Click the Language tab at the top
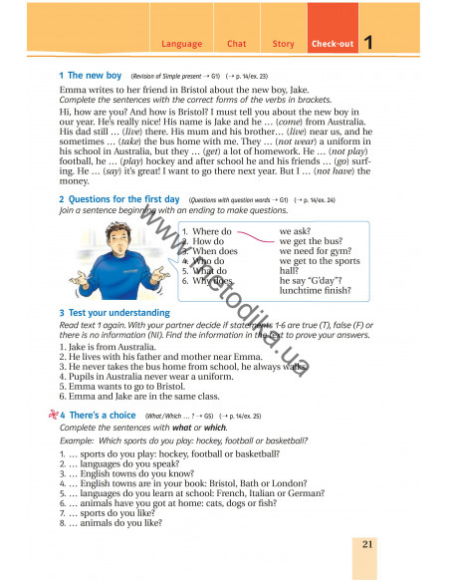pyautogui.click(x=180, y=44)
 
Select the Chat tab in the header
pyautogui.click(x=236, y=44)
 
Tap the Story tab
pyautogui.click(x=283, y=44)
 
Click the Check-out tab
pyautogui.click(x=329, y=44)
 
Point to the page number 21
pyautogui.click(x=367, y=543)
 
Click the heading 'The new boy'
pyautogui.click(x=93, y=76)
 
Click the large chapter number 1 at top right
pyautogui.click(x=368, y=43)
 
